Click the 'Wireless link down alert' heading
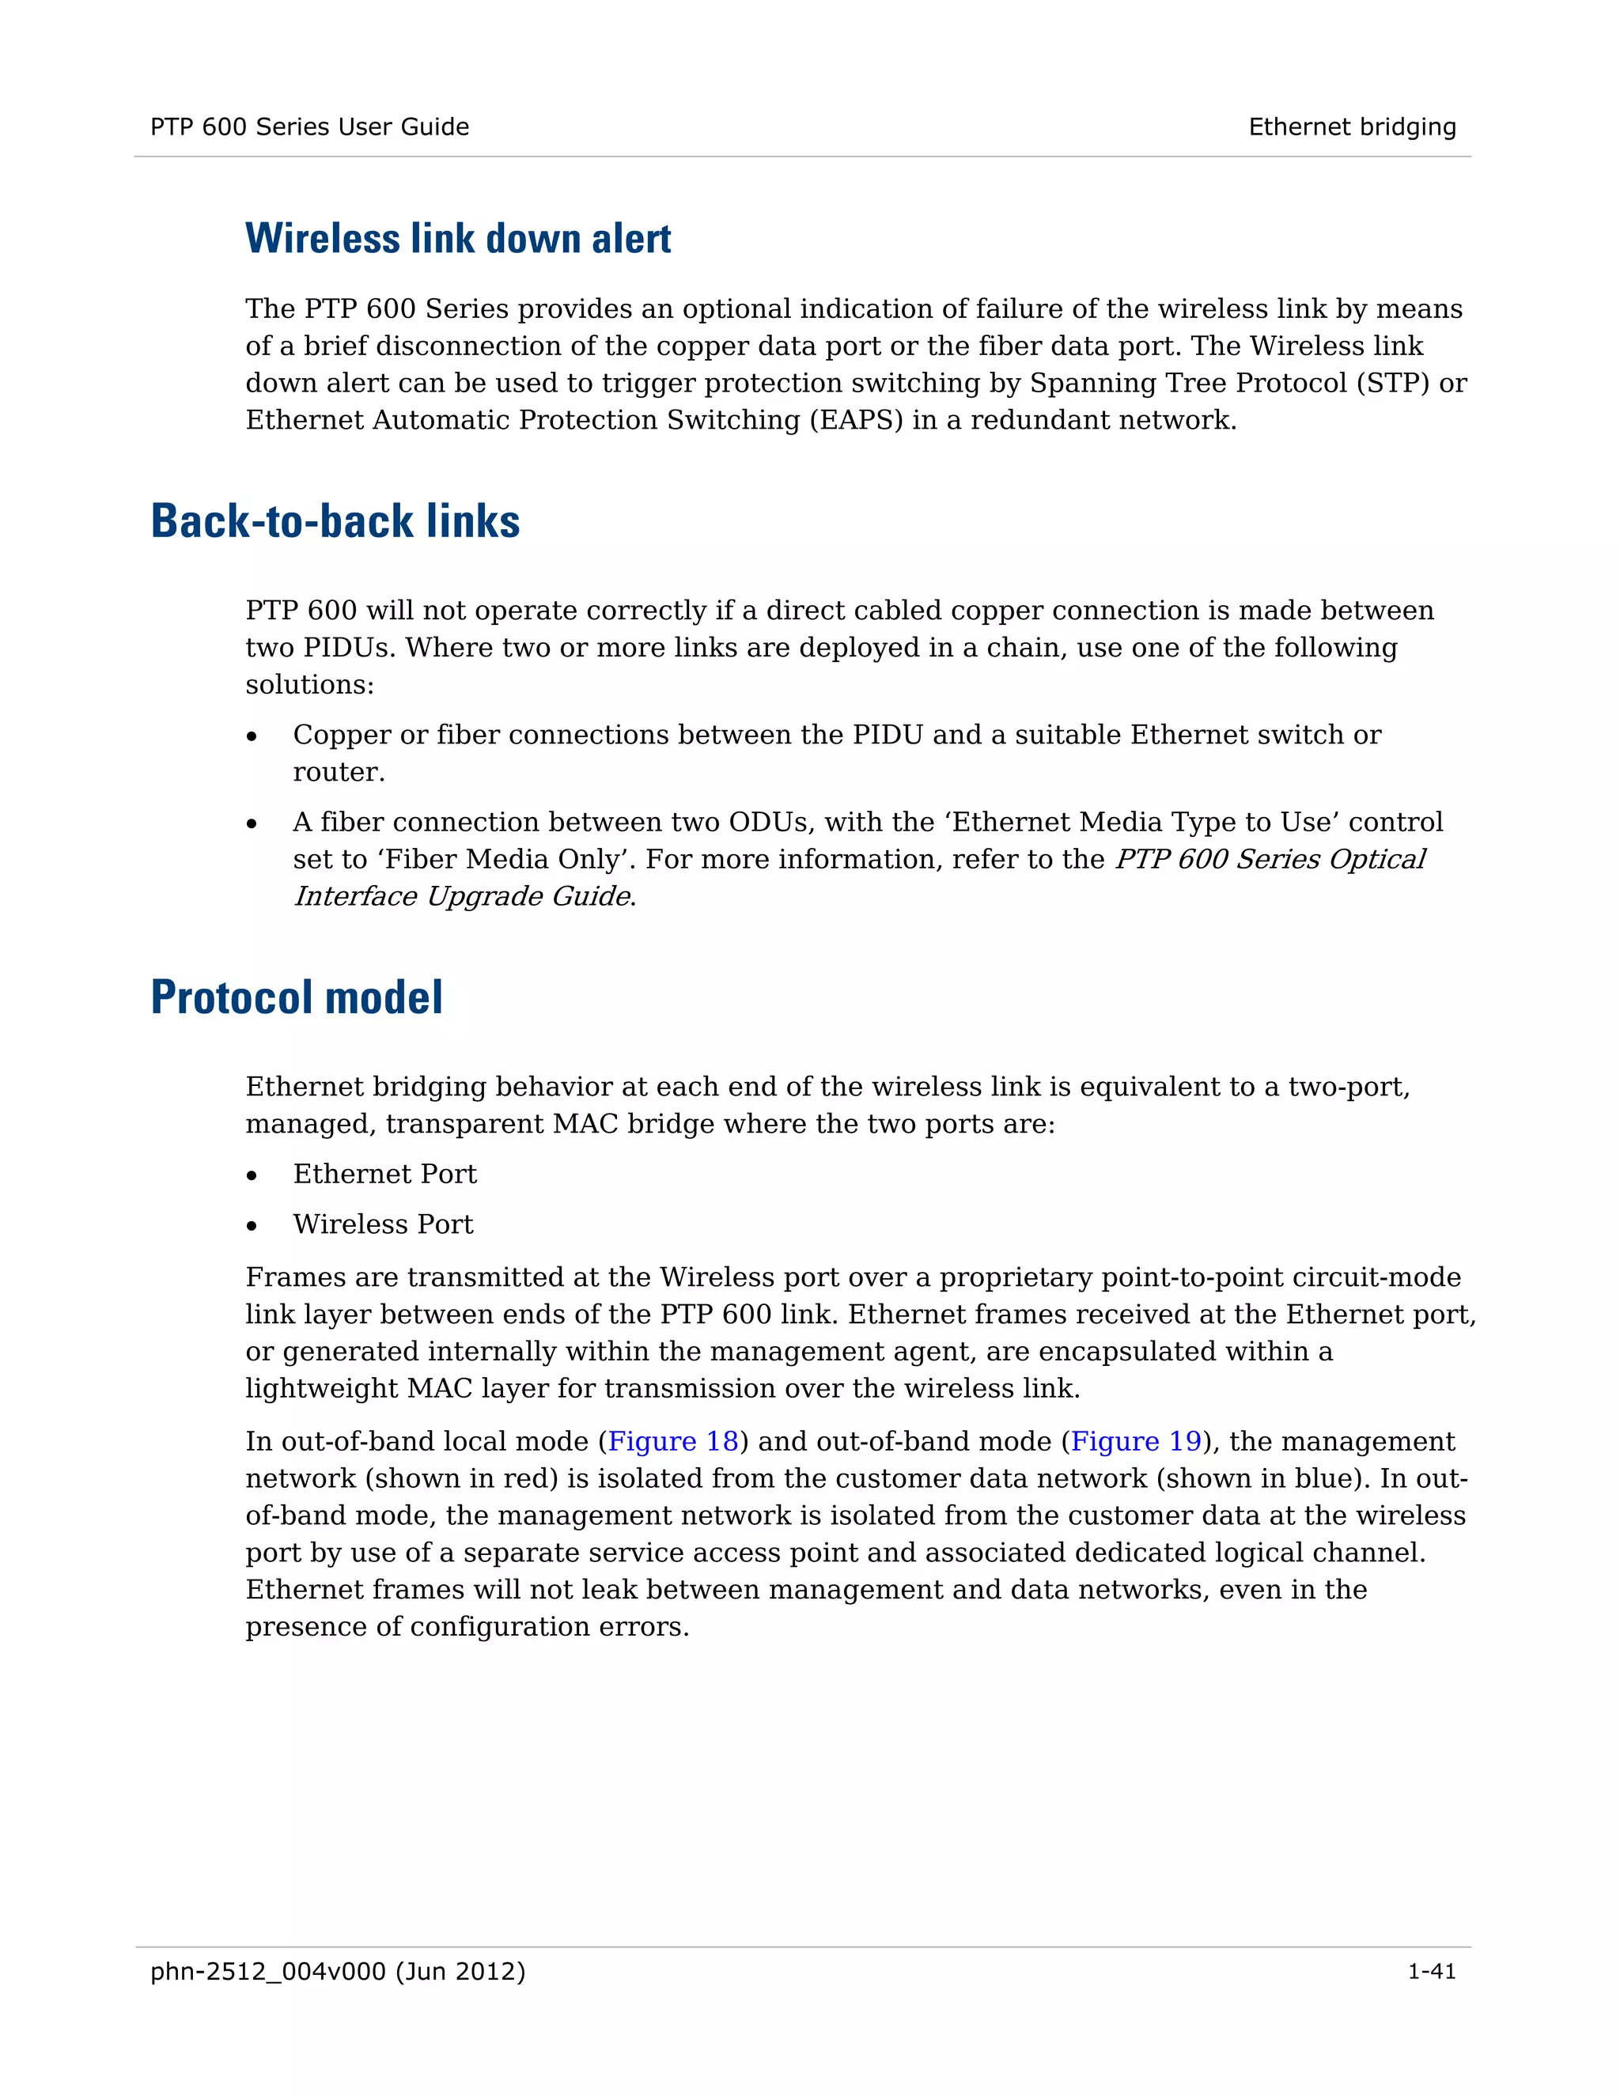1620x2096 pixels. click(x=458, y=239)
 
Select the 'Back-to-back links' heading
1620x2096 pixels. click(x=335, y=521)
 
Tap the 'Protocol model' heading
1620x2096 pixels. click(x=297, y=997)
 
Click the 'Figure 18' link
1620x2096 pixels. click(x=673, y=1441)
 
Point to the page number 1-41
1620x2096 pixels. click(x=1431, y=1971)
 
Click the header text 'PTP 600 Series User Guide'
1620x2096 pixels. click(x=309, y=127)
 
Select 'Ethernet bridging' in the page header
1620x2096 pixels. click(x=1351, y=127)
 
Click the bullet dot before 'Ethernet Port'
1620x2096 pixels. click(x=252, y=1175)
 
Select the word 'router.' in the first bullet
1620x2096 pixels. click(x=339, y=772)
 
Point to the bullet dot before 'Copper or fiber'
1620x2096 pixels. click(x=252, y=736)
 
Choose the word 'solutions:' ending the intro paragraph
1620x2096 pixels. click(x=310, y=685)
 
